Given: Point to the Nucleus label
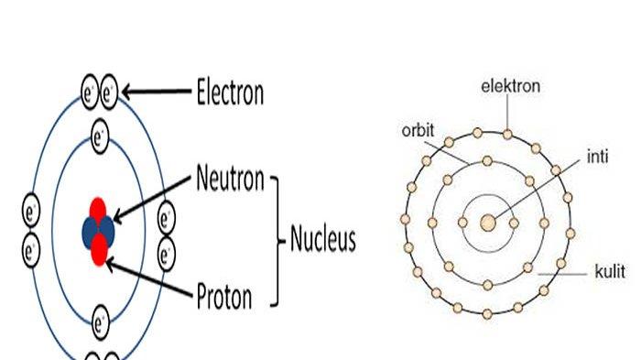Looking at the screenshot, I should [322, 240].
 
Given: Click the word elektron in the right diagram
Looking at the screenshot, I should [510, 87].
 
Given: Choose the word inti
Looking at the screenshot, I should [595, 158].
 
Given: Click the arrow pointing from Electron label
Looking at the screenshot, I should [156, 92].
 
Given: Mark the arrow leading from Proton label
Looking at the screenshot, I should [151, 278].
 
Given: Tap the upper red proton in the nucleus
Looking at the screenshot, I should [99, 209].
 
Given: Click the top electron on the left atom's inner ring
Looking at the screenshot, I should [101, 139].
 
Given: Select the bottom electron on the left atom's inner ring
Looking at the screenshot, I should [101, 322].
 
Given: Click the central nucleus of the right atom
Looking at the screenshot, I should [488, 221].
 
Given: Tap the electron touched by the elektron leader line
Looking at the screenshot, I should [506, 135].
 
